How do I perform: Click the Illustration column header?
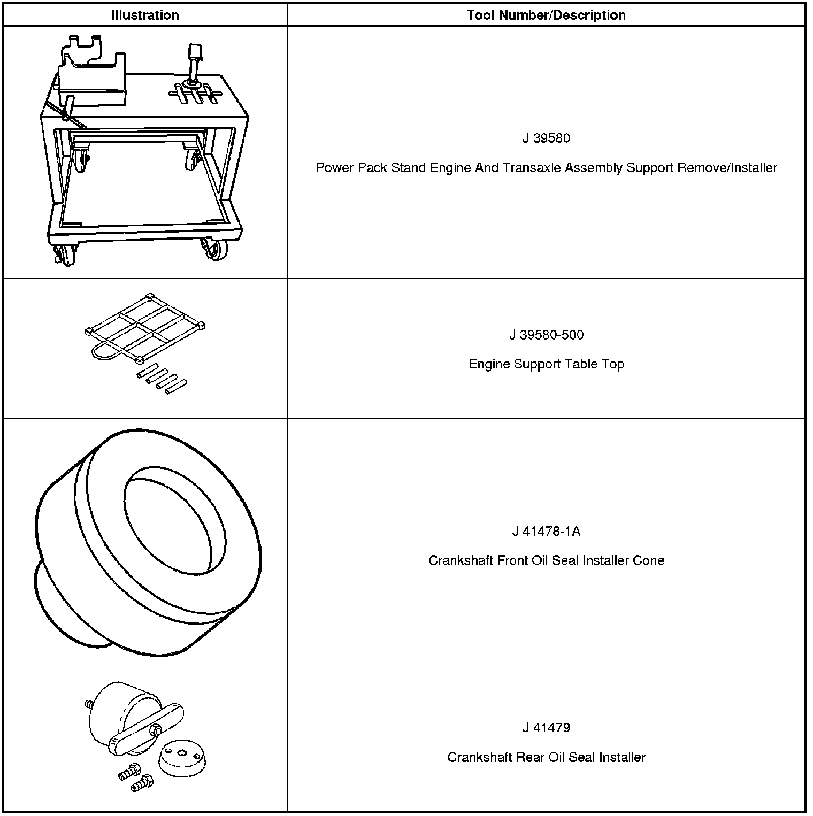tap(145, 15)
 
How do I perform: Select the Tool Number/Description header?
tap(546, 15)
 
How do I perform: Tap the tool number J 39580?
tap(546, 138)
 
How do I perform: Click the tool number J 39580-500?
tap(546, 335)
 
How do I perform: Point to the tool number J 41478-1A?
tap(546, 532)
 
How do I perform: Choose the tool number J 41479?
tap(546, 728)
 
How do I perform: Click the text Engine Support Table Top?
tap(546, 364)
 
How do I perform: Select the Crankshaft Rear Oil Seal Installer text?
tap(546, 757)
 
